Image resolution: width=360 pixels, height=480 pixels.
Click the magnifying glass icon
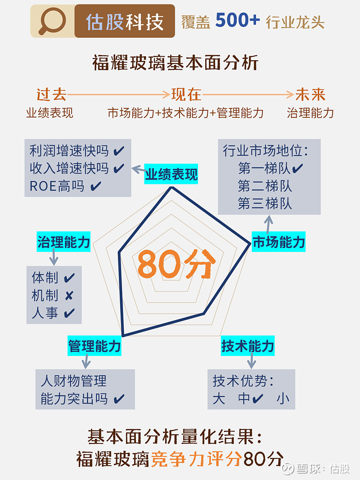tap(52, 21)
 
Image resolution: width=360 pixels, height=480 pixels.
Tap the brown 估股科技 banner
tap(125, 21)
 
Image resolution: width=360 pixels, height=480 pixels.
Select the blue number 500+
tap(238, 20)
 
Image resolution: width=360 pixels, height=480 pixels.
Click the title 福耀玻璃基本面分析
tap(175, 63)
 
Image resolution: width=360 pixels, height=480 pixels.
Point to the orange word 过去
tap(51, 94)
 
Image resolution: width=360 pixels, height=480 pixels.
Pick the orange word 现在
tap(186, 94)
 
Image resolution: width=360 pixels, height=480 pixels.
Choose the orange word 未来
tap(310, 94)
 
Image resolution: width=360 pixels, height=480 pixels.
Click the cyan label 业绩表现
tap(171, 174)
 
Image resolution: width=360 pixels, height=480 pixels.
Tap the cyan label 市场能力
tap(279, 242)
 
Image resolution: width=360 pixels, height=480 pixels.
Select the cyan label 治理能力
tap(63, 242)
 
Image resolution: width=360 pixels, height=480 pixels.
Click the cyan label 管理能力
tap(94, 346)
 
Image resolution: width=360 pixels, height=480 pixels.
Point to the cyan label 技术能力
tap(247, 346)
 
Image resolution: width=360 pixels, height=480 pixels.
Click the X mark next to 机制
tap(69, 296)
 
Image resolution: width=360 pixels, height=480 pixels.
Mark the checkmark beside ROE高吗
tap(96, 186)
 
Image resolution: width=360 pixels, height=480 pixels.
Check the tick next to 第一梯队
tap(297, 168)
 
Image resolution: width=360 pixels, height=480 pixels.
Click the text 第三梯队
tap(265, 203)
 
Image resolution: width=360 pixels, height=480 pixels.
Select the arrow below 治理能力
tap(54, 257)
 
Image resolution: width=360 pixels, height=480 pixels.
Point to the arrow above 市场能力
tap(269, 224)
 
